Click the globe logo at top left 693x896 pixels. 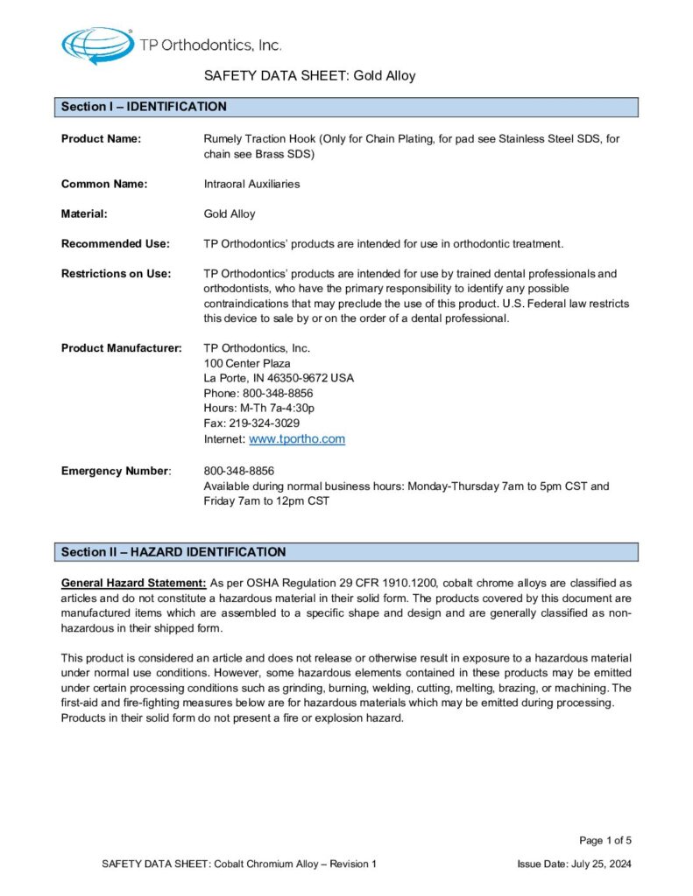tap(97, 44)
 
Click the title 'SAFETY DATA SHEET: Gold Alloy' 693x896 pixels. tap(309, 76)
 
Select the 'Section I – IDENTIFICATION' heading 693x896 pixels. tap(144, 108)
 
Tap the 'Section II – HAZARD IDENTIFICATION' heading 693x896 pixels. tap(173, 552)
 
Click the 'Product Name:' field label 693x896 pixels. tap(101, 139)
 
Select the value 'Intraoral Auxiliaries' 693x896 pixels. tap(251, 185)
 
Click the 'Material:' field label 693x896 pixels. tap(84, 214)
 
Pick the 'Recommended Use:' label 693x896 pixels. tap(115, 244)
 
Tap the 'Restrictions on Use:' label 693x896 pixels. tap(116, 274)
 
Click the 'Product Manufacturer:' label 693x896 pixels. tap(121, 348)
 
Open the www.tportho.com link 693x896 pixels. tap(297, 439)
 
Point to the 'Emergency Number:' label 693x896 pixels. tap(116, 472)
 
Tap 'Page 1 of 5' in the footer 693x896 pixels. tap(605, 841)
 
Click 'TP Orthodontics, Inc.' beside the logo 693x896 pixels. tap(210, 45)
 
